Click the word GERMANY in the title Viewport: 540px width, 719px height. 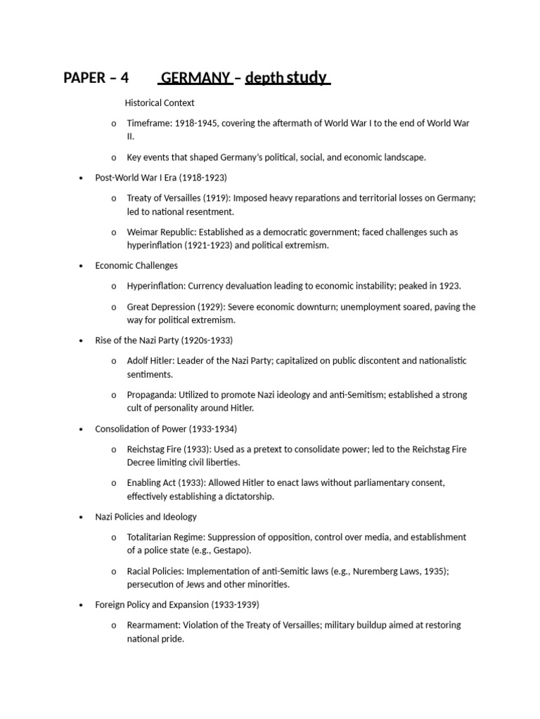(196, 78)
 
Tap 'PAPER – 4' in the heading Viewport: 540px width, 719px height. (96, 78)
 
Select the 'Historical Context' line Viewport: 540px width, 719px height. (160, 103)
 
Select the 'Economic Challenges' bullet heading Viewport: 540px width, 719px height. (136, 265)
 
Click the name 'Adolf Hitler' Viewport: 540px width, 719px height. (150, 361)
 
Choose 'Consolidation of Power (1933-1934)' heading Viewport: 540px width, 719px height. (166, 428)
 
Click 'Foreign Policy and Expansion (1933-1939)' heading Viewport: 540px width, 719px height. (177, 605)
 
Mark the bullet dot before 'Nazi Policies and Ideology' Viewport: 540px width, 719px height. (82, 517)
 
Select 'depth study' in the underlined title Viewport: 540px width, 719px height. (287, 78)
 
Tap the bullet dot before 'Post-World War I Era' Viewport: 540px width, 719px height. (82, 178)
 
